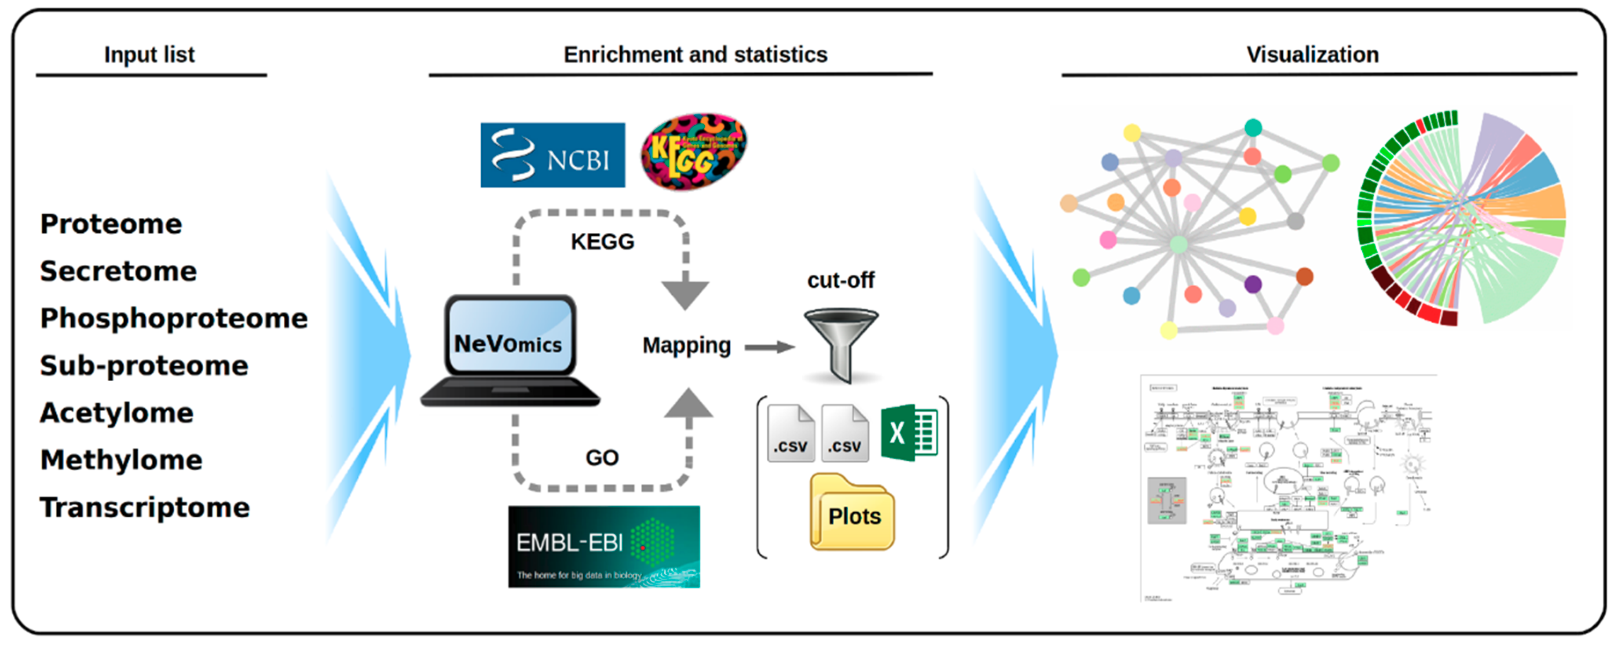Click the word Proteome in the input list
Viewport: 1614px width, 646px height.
pyautogui.click(x=111, y=224)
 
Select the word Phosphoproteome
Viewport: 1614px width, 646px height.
pyautogui.click(x=174, y=318)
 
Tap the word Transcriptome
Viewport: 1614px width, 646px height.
pyautogui.click(x=145, y=507)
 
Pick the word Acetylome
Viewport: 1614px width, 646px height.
pyautogui.click(x=117, y=412)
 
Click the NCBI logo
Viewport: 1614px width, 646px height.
pyautogui.click(x=552, y=155)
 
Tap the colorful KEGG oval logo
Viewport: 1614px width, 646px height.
pyautogui.click(x=694, y=152)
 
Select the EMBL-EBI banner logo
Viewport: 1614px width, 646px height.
pyautogui.click(x=604, y=546)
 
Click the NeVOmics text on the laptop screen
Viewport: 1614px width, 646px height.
pyautogui.click(x=508, y=343)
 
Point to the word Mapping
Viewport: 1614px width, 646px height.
pyautogui.click(x=686, y=345)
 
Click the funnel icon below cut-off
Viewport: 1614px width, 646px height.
pyautogui.click(x=841, y=342)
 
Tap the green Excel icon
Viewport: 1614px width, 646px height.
pyautogui.click(x=908, y=432)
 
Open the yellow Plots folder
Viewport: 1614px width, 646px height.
pyautogui.click(x=852, y=514)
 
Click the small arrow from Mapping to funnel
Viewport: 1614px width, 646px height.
pyautogui.click(x=769, y=347)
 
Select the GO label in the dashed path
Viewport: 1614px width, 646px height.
pyautogui.click(x=601, y=457)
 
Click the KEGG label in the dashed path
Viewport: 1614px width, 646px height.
pyautogui.click(x=602, y=241)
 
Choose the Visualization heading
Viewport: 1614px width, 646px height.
pyautogui.click(x=1312, y=55)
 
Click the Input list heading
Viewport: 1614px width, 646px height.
pyautogui.click(x=149, y=55)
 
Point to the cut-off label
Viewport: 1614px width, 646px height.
pyautogui.click(x=840, y=280)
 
